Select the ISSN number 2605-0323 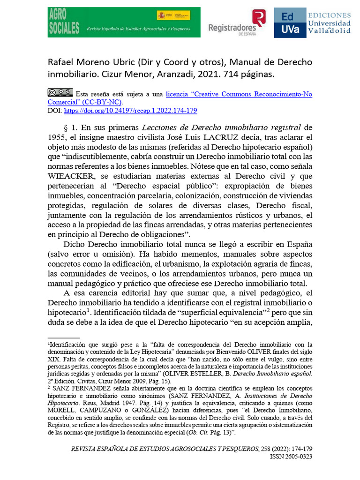[x=293, y=457]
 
